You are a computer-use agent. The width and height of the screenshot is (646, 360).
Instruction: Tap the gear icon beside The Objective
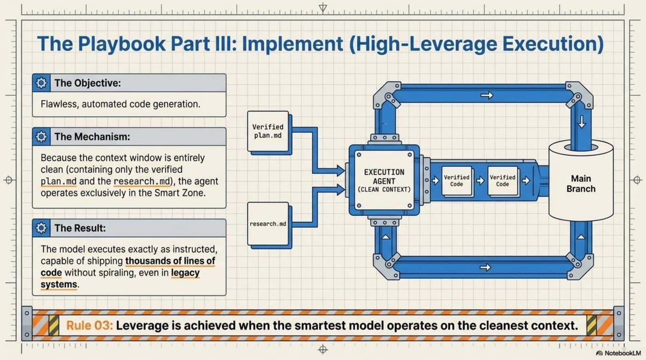click(41, 83)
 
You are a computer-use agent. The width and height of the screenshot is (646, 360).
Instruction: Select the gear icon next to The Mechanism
click(41, 137)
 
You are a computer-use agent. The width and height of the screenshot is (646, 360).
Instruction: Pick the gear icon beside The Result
click(41, 228)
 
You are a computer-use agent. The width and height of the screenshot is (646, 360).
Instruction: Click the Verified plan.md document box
click(268, 131)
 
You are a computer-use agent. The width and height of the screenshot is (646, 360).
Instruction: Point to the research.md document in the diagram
click(268, 223)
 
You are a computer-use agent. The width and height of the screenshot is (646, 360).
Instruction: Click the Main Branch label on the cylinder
click(581, 183)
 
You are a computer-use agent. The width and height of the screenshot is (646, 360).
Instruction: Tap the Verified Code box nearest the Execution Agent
click(456, 181)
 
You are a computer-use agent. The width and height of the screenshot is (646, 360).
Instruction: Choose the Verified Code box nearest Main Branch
click(502, 181)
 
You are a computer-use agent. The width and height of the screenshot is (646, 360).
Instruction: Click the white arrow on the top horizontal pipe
click(487, 96)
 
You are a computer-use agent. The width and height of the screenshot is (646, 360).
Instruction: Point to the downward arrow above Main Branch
click(581, 122)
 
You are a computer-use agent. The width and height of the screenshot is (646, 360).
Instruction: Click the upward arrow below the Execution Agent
click(384, 237)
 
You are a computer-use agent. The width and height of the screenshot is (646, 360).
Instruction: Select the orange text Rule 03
click(89, 326)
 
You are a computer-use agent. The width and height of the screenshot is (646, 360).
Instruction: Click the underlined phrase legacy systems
click(185, 273)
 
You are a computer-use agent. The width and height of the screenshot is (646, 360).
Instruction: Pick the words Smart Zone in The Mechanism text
click(181, 192)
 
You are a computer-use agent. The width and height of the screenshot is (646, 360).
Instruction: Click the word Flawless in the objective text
click(59, 104)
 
